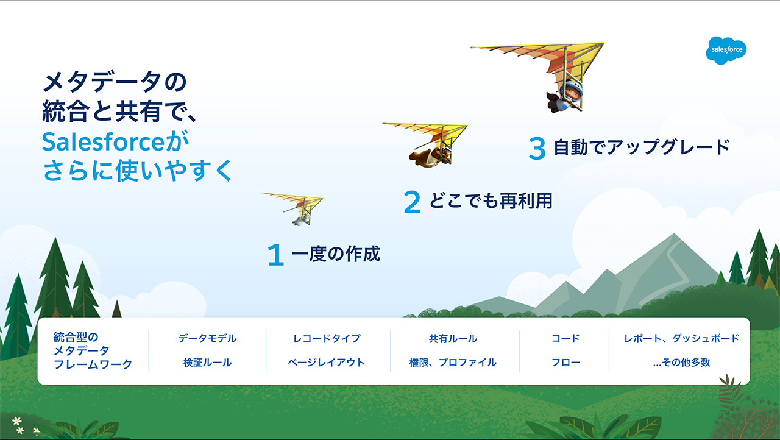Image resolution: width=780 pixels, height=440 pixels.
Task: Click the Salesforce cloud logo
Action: point(726,51)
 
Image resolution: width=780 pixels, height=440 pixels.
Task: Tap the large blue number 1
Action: point(276,255)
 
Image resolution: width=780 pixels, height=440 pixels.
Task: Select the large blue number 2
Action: point(412,202)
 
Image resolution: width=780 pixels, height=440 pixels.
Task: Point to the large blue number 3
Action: point(537,148)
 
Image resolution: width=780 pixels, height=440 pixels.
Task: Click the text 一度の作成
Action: point(336,254)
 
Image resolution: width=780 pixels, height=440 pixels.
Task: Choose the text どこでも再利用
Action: point(491,201)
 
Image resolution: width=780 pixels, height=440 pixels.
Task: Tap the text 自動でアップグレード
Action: point(642,147)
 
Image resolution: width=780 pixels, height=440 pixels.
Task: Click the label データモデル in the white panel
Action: point(208,338)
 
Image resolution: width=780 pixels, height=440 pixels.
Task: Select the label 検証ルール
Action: point(208,363)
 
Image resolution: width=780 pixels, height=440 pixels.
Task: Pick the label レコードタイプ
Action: point(327,338)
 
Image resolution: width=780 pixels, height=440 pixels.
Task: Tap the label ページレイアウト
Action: point(326,363)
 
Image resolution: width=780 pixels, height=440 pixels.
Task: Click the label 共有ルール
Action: point(453,338)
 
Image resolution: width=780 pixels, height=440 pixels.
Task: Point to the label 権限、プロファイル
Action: point(453,363)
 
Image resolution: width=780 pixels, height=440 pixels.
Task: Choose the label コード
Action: point(565,338)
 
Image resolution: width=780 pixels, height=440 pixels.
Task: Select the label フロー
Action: point(565,363)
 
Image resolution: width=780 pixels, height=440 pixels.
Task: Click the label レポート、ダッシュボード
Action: point(681,338)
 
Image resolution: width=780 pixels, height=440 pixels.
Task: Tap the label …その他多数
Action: point(681,363)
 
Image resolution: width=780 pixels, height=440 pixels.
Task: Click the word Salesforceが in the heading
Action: point(115,141)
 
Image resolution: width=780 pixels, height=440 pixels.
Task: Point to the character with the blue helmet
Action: point(565,96)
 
